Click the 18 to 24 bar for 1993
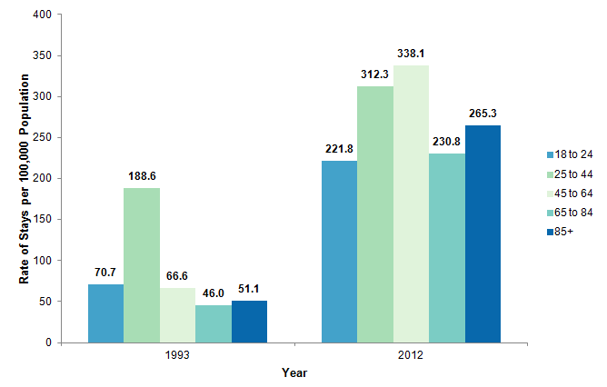pos(106,313)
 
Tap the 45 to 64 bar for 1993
pos(178,315)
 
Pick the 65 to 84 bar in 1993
pos(214,323)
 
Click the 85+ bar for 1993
pos(249,322)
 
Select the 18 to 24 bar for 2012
pos(339,252)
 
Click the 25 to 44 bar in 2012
pos(374,214)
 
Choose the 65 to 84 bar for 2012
pos(446,248)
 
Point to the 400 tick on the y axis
pos(42,15)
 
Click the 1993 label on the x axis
pos(178,356)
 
